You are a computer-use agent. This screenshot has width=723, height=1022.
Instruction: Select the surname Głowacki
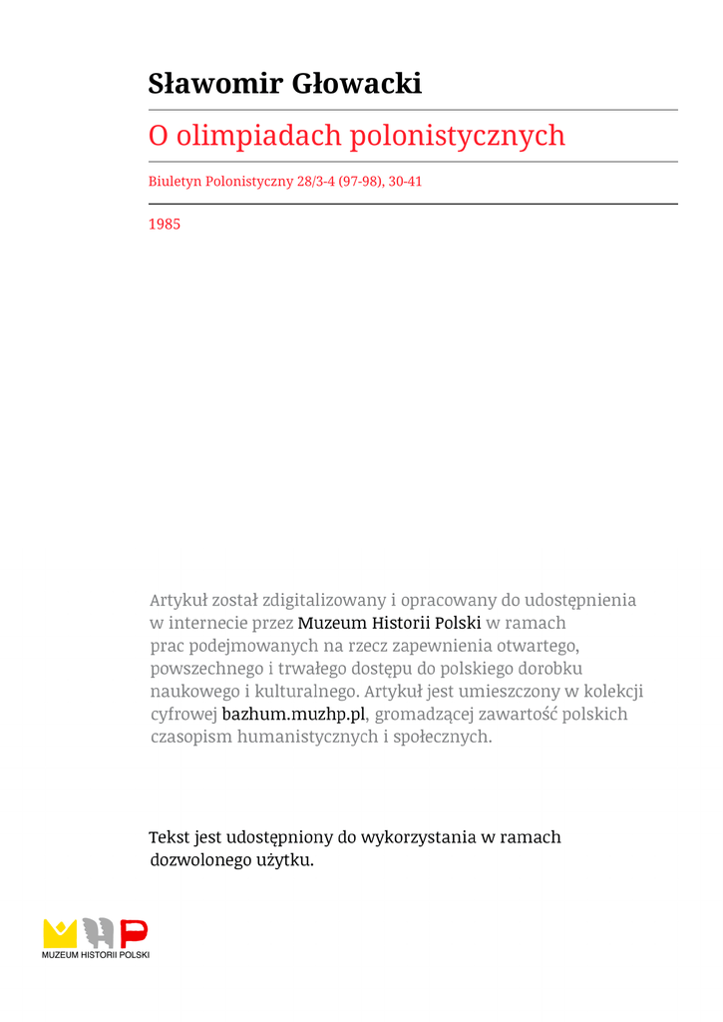356,84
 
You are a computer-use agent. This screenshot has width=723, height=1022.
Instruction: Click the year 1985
165,225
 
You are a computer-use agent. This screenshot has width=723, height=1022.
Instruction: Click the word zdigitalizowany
324,600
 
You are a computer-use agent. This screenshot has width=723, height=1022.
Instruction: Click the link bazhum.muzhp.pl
294,715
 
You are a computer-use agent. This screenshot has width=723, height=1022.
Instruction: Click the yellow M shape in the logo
59,933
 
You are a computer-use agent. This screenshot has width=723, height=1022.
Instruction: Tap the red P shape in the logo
134,933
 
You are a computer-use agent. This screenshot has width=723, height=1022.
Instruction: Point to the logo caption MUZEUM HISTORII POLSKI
96,955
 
